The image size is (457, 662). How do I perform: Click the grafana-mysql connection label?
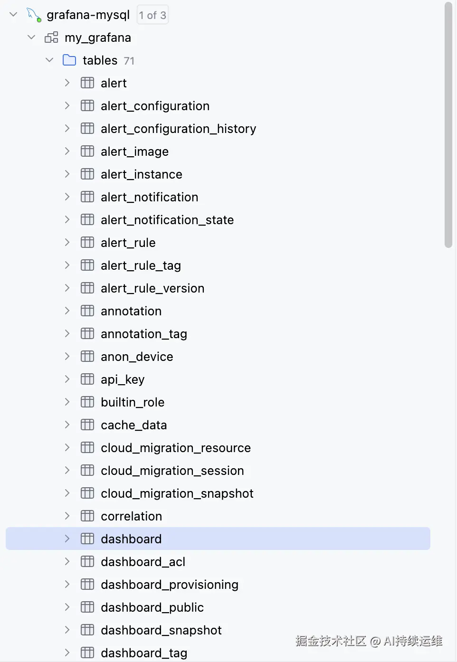88,15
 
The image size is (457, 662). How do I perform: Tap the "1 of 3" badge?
152,15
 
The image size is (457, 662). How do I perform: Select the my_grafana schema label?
97,38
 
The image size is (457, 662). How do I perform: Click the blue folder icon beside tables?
69,60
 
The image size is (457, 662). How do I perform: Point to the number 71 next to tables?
129,61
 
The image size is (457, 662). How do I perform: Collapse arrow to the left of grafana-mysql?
13,15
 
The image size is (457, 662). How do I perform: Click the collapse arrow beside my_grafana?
31,38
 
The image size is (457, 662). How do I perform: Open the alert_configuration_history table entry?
178,129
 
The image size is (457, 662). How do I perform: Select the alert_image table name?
134,151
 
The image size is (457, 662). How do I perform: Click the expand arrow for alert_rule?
67,243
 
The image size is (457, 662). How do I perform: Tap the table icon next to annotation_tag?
87,334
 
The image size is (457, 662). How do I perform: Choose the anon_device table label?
137,357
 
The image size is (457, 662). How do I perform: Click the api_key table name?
123,379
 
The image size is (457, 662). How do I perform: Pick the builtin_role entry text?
133,402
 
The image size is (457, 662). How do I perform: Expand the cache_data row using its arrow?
67,425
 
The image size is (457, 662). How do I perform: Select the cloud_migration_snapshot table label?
177,493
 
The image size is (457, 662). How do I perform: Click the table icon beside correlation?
87,516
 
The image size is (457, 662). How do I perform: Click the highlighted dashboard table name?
131,539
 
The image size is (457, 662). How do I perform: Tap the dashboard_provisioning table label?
169,585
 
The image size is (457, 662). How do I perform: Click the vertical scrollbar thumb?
448,124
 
